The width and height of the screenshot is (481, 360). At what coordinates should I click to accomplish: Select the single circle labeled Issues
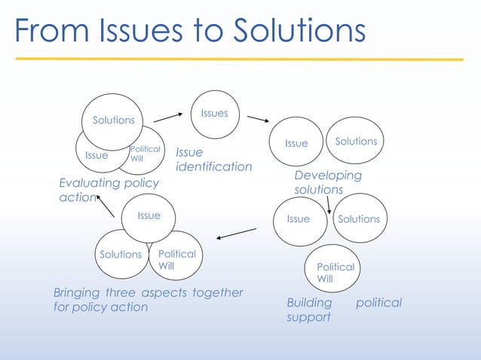coord(214,114)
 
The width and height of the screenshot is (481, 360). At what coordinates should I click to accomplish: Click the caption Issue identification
coord(213,160)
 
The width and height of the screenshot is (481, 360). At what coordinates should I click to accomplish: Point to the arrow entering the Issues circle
coord(168,117)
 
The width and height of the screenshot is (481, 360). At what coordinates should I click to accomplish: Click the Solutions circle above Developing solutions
coord(356,142)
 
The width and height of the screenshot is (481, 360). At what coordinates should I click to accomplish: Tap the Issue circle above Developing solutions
coord(296,143)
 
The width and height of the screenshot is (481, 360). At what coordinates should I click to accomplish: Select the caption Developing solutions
coord(327,182)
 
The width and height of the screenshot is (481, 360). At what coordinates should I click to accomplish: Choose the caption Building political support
coord(343,310)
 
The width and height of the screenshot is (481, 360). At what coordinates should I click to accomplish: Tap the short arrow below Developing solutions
coord(329,204)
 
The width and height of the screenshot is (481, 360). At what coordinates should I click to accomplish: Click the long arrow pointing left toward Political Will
coord(236,233)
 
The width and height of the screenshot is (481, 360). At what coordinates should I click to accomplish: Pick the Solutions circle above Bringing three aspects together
coord(121,255)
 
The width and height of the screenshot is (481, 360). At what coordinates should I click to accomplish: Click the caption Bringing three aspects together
coord(148,300)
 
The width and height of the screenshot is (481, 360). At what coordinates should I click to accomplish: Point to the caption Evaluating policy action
coord(109,190)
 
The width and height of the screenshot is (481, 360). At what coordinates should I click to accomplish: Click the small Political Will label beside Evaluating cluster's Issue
coord(145,154)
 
